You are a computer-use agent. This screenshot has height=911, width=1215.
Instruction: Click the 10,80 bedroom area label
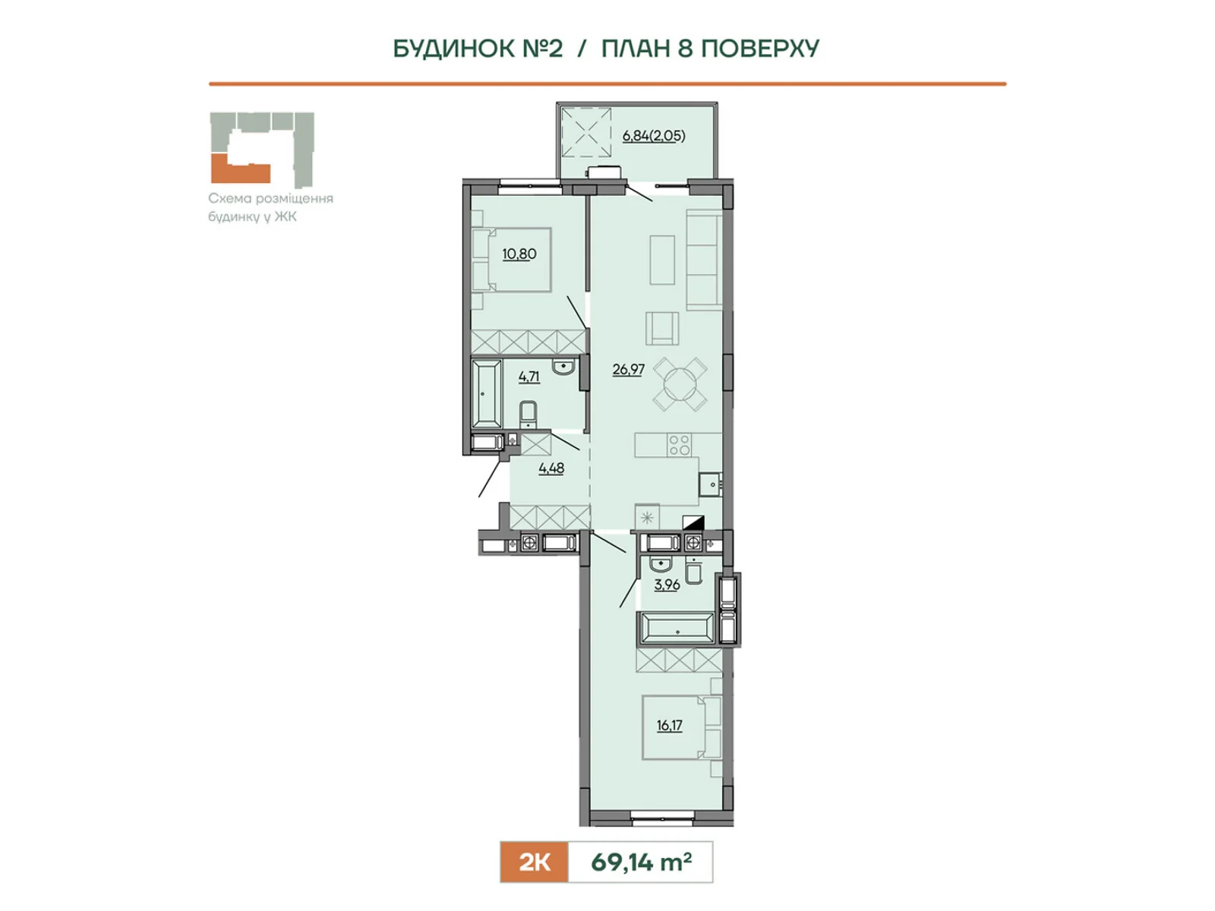(519, 254)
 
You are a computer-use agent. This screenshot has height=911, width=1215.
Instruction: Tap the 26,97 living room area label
(628, 369)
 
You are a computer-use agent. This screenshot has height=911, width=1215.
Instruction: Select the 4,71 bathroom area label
(529, 377)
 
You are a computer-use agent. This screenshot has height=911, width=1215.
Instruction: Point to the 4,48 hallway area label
(551, 468)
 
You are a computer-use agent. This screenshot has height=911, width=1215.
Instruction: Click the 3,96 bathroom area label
(667, 585)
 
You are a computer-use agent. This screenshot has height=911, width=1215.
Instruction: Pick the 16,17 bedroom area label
(669, 725)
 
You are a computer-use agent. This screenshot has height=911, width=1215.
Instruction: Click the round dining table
(680, 384)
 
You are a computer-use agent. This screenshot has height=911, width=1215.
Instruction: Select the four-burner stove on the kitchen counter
(680, 445)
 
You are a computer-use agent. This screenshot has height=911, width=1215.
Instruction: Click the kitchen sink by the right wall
(709, 485)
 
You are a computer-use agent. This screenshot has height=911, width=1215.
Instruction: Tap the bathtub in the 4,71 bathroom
(487, 393)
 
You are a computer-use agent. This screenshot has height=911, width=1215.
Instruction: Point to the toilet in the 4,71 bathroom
(528, 414)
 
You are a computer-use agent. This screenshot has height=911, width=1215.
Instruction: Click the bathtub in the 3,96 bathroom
(677, 629)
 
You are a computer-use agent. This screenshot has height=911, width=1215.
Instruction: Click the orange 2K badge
(534, 862)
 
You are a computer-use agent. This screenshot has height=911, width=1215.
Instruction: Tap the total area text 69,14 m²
(641, 862)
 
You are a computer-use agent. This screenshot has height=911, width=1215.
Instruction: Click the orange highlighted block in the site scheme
(239, 169)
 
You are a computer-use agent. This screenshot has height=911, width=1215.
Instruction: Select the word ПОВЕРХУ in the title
(759, 49)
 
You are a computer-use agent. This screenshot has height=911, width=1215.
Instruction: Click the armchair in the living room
(661, 329)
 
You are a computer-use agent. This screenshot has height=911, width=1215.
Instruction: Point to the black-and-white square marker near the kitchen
(693, 523)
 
